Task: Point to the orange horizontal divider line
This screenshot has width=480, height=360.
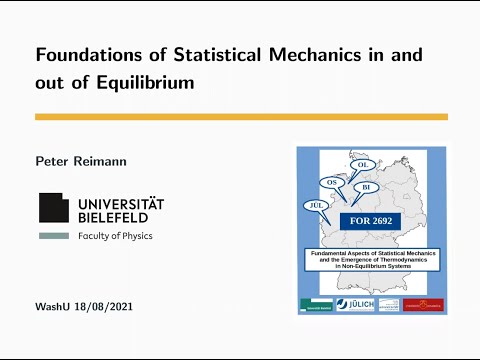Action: pyautogui.click(x=241, y=117)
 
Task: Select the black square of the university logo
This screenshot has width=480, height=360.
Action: pyautogui.click(x=54, y=207)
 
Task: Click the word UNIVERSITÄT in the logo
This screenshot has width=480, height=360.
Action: pyautogui.click(x=118, y=202)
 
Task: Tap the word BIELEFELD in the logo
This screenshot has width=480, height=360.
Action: pyautogui.click(x=111, y=217)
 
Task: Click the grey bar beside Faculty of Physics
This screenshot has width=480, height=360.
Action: pyautogui.click(x=54, y=236)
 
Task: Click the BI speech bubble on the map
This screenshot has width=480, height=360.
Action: pyautogui.click(x=367, y=187)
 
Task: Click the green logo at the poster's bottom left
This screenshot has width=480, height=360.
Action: pyautogui.click(x=316, y=304)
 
